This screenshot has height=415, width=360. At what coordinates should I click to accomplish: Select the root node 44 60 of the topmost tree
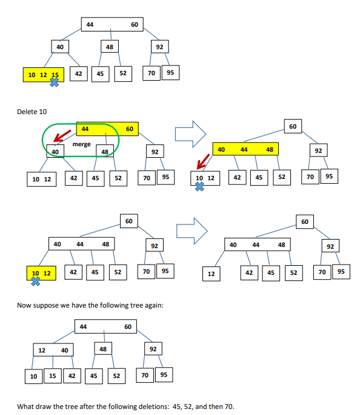tap(112, 25)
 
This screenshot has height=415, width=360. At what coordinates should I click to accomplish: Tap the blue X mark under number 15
tap(54, 83)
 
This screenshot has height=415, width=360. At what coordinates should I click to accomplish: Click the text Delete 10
tap(33, 112)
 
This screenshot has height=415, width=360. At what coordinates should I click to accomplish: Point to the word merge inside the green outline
tap(81, 144)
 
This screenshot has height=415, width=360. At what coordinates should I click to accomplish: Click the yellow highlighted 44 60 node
tap(107, 129)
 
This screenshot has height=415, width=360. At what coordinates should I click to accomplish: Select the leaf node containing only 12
tap(210, 274)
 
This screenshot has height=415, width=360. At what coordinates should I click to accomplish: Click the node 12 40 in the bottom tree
tap(52, 350)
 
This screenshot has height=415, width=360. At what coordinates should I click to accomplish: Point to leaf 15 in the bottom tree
tap(52, 376)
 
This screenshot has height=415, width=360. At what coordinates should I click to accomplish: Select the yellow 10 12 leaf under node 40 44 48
tap(39, 274)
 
